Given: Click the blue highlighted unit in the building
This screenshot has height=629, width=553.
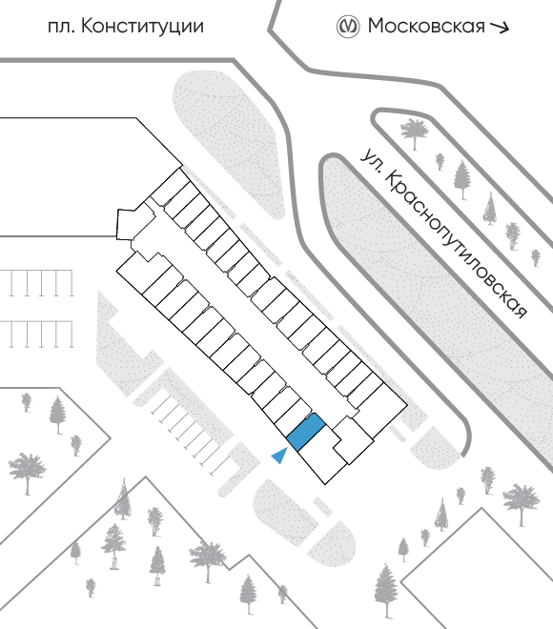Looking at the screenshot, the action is [306, 432].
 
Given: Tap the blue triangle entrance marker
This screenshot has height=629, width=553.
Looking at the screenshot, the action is [280, 457].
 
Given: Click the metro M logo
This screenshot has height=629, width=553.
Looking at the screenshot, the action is [347, 27].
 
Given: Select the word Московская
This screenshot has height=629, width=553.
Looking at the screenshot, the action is [426, 26].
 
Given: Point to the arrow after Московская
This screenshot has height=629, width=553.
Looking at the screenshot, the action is [500, 28].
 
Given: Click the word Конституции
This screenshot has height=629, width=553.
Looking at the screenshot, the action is [142, 27].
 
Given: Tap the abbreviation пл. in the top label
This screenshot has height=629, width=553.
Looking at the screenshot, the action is [61, 28].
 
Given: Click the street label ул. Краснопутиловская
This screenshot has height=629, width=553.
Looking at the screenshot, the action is [442, 233].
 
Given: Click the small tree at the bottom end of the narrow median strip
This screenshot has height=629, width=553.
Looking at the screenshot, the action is [535, 257].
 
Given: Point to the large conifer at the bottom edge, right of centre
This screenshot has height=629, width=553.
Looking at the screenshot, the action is [386, 591].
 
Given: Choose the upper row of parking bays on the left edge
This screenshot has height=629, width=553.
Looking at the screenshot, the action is [36, 283].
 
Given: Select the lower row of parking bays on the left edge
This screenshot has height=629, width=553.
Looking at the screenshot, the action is [36, 335].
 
